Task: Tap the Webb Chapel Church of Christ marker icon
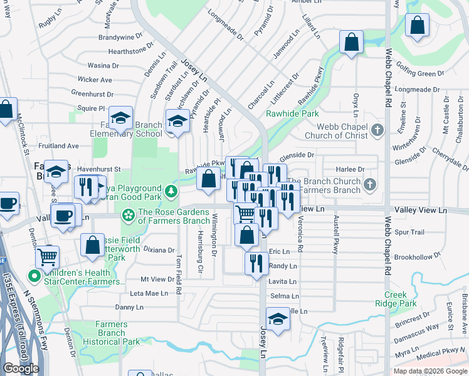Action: (377, 130)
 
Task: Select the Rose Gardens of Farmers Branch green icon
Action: (129, 216)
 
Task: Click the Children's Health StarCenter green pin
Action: (33, 274)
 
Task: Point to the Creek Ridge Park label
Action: (401, 299)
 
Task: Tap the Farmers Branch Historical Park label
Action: (112, 333)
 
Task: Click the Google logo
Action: (21, 368)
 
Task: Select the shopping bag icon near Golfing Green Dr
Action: (417, 26)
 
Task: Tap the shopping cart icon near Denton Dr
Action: (48, 256)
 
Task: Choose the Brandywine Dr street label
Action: (117, 38)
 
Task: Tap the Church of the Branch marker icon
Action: (370, 185)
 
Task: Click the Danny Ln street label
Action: (130, 307)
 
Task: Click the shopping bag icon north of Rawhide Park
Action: (352, 43)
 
